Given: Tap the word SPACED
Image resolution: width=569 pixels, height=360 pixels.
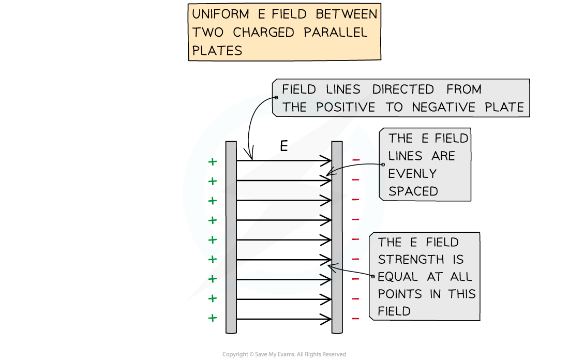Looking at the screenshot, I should (413, 191).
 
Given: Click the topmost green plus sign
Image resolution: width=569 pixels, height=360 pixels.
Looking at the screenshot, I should (212, 162).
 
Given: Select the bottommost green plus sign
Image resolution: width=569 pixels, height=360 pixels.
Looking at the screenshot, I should (212, 318).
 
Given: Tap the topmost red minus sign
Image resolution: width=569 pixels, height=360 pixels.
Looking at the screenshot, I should (355, 160).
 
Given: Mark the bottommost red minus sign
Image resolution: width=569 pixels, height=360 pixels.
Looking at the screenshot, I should (355, 318).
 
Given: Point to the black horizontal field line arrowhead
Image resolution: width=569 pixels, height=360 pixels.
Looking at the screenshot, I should (326, 280).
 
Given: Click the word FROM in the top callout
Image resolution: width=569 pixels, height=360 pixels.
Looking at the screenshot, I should (464, 89).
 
